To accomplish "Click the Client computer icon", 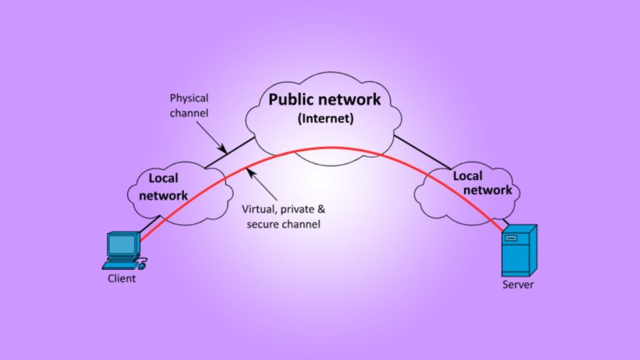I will (123, 249).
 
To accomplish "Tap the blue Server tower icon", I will (519, 251).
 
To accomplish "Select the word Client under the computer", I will (121, 278).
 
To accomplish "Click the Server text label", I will (518, 285).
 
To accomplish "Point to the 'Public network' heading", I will (324, 99).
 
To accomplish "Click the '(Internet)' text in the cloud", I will (325, 118).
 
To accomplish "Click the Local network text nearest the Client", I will (163, 186).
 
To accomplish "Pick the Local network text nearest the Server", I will (482, 182).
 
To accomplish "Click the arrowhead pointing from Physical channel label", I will (223, 149).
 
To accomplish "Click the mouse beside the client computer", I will (142, 265).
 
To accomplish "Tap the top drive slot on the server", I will (512, 238).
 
